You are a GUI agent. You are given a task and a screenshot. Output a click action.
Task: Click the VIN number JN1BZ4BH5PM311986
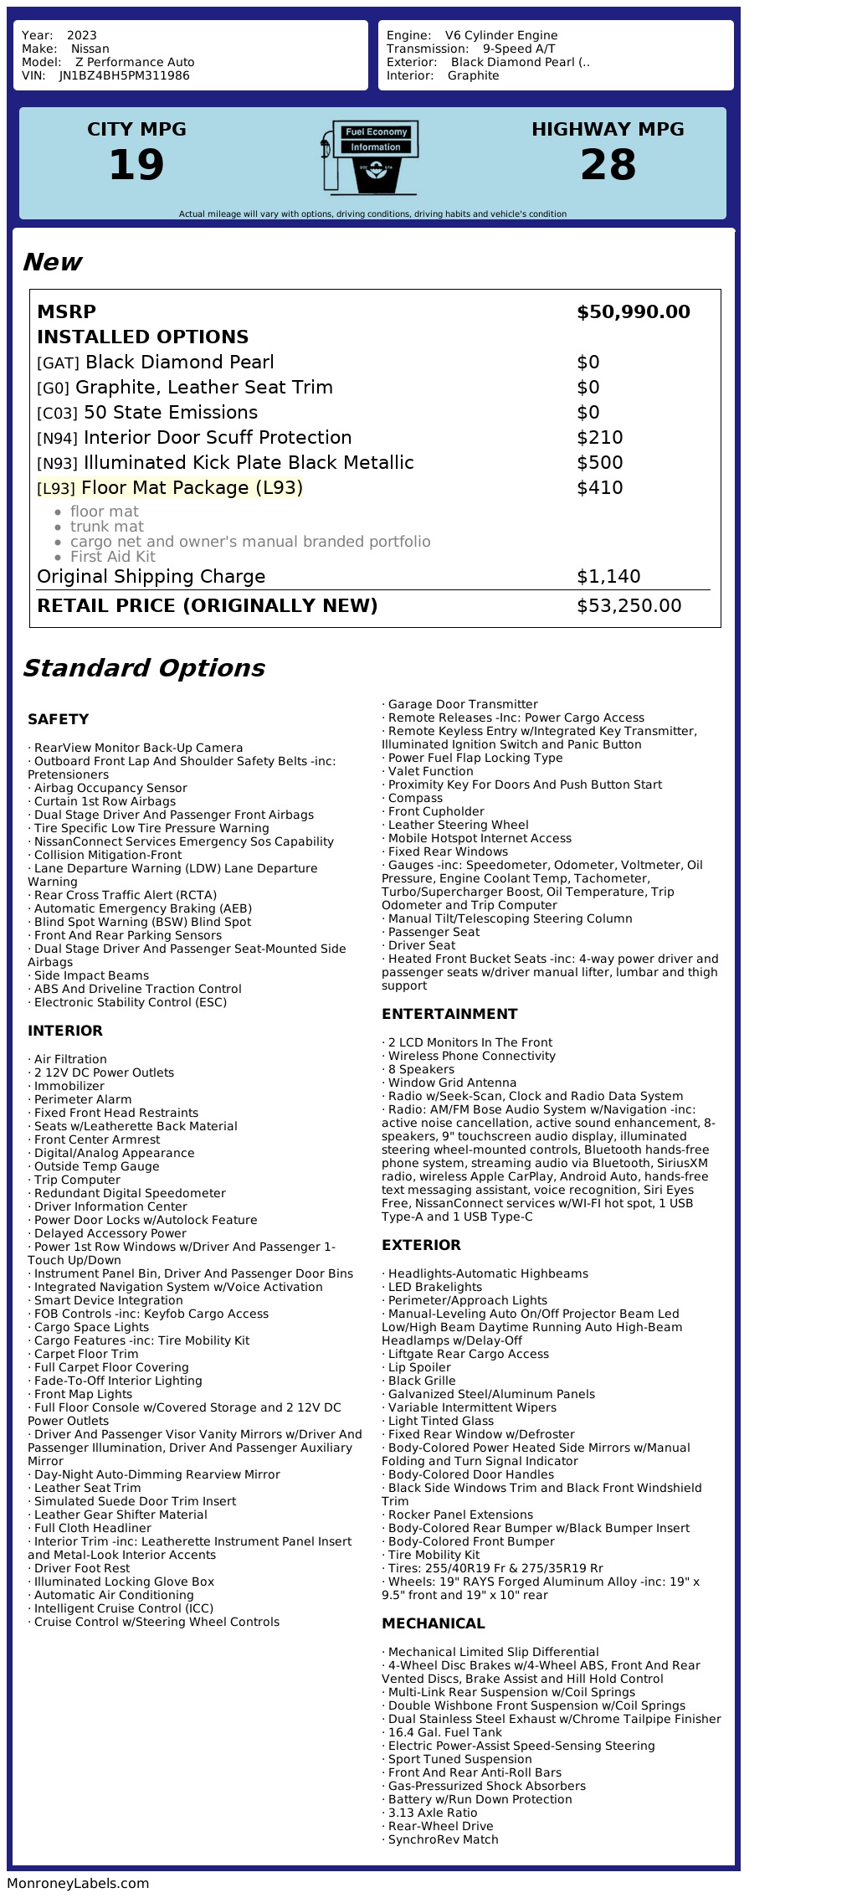click(124, 75)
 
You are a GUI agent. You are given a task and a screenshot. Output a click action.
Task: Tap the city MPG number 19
click(136, 164)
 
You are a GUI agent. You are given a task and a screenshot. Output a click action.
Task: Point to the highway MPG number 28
click(608, 164)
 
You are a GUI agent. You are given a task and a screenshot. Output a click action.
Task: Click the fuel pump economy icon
click(369, 157)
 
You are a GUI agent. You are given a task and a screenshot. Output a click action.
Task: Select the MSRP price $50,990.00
click(633, 312)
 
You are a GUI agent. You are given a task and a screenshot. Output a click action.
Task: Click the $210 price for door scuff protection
click(599, 438)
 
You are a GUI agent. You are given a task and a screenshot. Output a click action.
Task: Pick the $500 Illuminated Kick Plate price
click(599, 463)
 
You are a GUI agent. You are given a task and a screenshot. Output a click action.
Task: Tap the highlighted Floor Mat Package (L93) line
click(170, 488)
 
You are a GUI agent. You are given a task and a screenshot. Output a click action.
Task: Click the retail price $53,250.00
click(629, 606)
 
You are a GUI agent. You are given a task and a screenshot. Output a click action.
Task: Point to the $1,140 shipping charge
click(608, 577)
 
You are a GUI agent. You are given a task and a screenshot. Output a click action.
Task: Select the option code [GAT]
click(58, 363)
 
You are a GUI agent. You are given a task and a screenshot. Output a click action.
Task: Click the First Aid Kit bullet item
click(112, 557)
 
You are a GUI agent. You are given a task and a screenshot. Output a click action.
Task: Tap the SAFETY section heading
click(58, 719)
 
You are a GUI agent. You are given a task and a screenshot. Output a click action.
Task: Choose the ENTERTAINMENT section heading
click(449, 1014)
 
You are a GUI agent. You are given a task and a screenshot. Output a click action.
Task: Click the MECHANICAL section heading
click(433, 1623)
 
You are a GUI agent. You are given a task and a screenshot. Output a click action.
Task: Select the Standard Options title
click(143, 668)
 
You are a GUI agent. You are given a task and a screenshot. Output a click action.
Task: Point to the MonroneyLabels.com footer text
click(78, 1883)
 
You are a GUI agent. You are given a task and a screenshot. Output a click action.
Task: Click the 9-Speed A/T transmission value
click(518, 49)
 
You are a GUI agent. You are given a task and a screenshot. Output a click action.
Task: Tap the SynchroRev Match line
click(443, 1839)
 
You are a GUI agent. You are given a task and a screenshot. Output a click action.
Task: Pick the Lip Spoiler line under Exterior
click(418, 1367)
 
